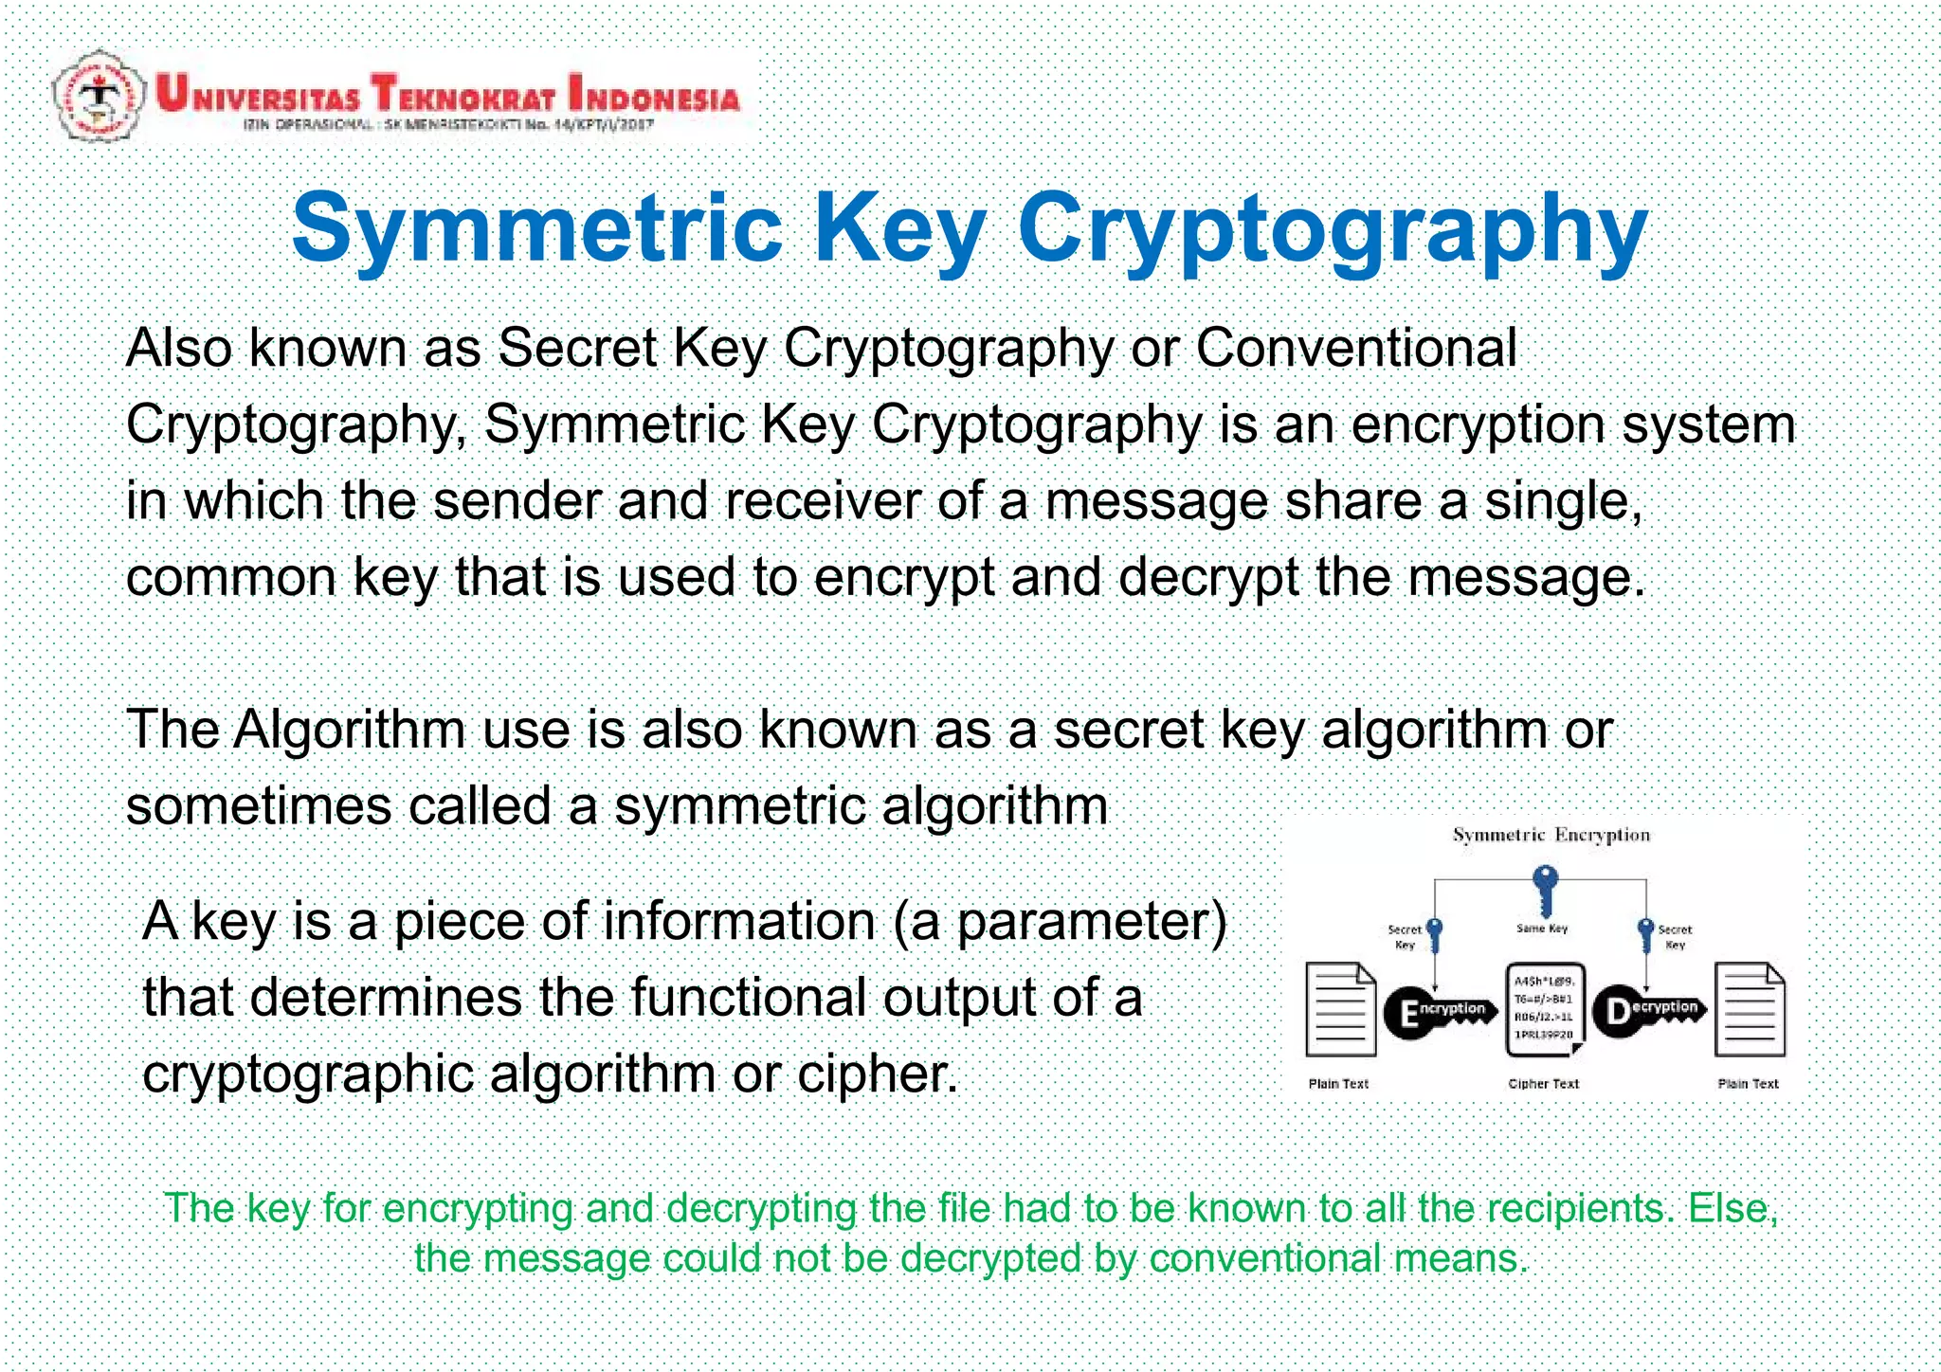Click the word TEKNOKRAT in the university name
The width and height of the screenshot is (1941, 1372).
click(463, 94)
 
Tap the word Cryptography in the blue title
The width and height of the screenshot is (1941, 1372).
click(1333, 231)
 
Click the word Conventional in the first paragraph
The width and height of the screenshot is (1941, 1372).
click(1356, 348)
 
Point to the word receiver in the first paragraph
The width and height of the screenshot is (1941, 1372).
click(822, 500)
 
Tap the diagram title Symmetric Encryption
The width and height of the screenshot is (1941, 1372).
click(1551, 835)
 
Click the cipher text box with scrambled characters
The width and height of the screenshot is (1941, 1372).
click(1544, 1009)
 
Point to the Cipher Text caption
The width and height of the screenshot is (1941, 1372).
click(1544, 1084)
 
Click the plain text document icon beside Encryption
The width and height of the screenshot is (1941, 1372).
click(1340, 1010)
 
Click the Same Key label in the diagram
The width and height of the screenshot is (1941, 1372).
click(1542, 929)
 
